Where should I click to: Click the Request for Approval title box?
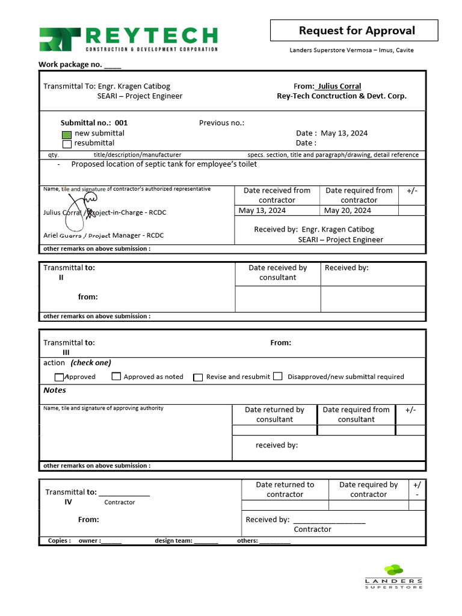coord(357,31)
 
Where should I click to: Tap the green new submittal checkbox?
coord(67,134)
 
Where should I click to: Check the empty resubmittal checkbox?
coord(67,144)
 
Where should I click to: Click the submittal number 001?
coord(121,123)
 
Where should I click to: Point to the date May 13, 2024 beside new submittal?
coord(344,133)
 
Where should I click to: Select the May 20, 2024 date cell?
coord(347,211)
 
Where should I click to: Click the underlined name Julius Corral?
coord(339,86)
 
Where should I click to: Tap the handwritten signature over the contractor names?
coord(81,212)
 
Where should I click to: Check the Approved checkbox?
coord(59,377)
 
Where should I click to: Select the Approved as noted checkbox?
coord(116,377)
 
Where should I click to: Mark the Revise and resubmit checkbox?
coord(198,377)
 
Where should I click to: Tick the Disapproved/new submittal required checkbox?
coord(277,377)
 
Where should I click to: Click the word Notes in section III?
coord(55,390)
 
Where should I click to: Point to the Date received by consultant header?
coord(277,273)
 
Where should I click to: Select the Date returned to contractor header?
coord(285,489)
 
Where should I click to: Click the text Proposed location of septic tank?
coord(164,164)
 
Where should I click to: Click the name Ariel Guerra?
coord(64,235)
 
